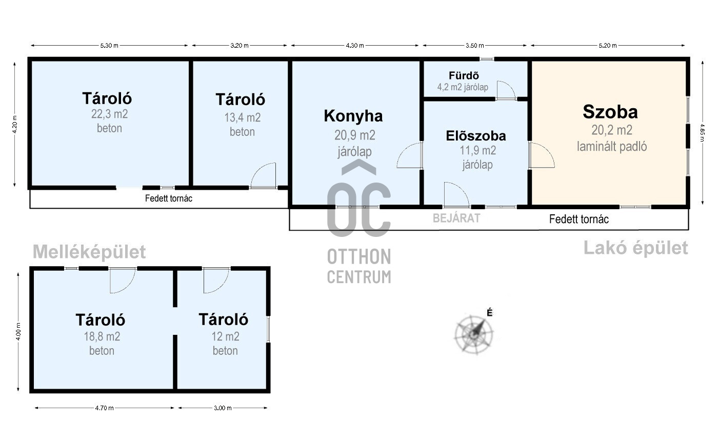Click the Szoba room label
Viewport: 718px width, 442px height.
(x=610, y=112)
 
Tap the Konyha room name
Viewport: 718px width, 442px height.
(x=353, y=116)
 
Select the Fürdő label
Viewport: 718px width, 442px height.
(x=464, y=76)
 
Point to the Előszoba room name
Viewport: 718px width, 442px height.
(x=476, y=136)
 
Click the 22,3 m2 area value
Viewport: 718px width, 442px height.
(x=110, y=114)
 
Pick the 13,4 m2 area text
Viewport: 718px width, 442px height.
(x=242, y=117)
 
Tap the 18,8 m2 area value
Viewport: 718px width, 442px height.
(x=102, y=336)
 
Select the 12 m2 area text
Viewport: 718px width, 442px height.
(x=225, y=336)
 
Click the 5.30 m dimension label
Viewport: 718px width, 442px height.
(x=109, y=46)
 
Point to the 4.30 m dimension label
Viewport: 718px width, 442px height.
(x=355, y=46)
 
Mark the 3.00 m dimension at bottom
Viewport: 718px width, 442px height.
(x=223, y=408)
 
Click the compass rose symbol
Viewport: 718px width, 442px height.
(x=474, y=335)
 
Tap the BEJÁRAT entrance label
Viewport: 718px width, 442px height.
(x=456, y=218)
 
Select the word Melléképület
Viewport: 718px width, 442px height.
(x=89, y=252)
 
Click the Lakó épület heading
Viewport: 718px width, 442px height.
(x=635, y=248)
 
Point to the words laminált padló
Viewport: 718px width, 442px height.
(x=611, y=147)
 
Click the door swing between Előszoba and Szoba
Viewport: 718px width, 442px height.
(x=542, y=156)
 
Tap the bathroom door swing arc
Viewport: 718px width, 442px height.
(x=506, y=90)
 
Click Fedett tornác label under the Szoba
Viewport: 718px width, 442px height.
(x=579, y=219)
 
